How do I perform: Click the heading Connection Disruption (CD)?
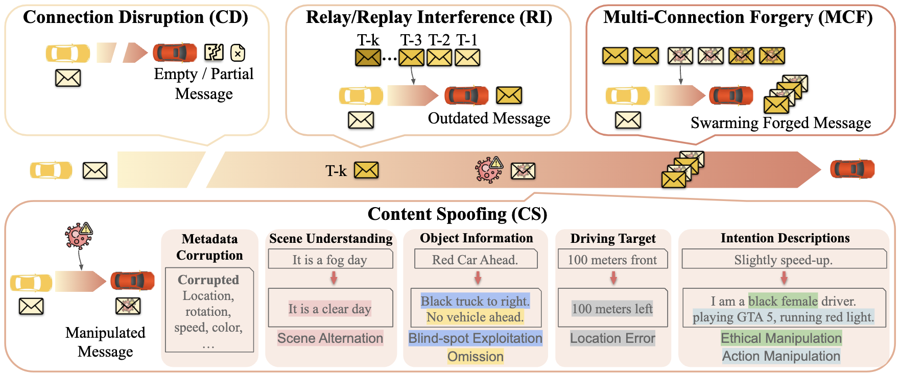pyautogui.click(x=135, y=17)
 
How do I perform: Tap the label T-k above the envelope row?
pyautogui.click(x=368, y=40)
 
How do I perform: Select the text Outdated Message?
pyautogui.click(x=489, y=118)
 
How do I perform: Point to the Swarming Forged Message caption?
pyautogui.click(x=780, y=123)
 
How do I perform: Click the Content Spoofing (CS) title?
pyautogui.click(x=457, y=214)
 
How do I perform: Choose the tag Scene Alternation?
pyautogui.click(x=330, y=338)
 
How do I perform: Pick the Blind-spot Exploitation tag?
pyautogui.click(x=475, y=338)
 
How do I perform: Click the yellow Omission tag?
pyautogui.click(x=476, y=356)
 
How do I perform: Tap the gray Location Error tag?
pyautogui.click(x=612, y=338)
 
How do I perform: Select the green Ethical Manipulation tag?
pyautogui.click(x=781, y=338)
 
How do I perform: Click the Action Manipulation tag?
pyautogui.click(x=781, y=356)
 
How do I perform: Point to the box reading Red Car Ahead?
pyautogui.click(x=475, y=260)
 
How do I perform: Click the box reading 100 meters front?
pyautogui.click(x=612, y=260)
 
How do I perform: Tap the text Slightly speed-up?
pyautogui.click(x=784, y=260)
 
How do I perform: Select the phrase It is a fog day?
pyautogui.click(x=330, y=260)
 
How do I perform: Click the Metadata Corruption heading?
pyautogui.click(x=209, y=247)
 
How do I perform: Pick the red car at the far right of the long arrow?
pyautogui.click(x=852, y=169)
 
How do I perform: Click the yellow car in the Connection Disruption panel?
pyautogui.click(x=67, y=53)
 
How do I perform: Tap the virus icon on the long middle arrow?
pyautogui.click(x=488, y=170)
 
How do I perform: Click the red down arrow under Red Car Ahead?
pyautogui.click(x=478, y=278)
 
